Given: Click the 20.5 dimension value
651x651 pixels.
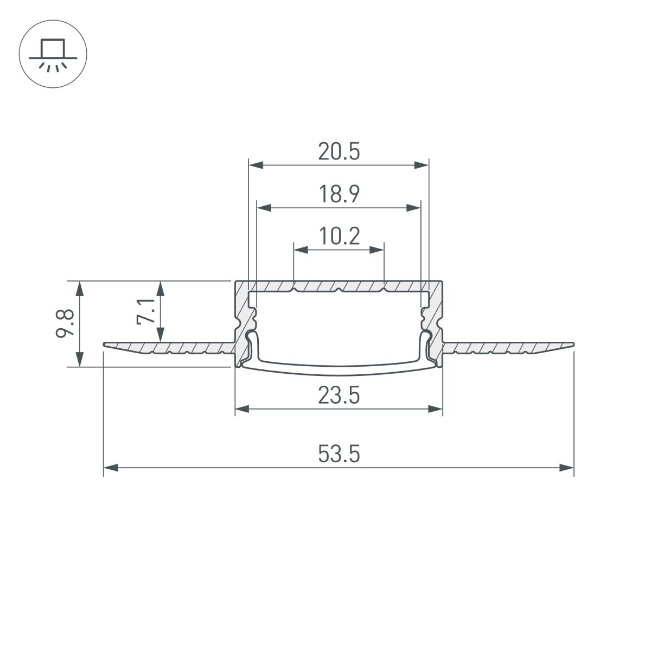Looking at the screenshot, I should pyautogui.click(x=339, y=152).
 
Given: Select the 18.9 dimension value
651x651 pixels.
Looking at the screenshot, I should pyautogui.click(x=339, y=194).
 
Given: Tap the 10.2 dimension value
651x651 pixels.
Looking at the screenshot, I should pyautogui.click(x=339, y=237).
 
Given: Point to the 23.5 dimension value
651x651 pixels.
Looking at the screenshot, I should pyautogui.click(x=339, y=397).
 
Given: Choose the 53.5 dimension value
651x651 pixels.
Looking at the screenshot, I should pyautogui.click(x=339, y=454).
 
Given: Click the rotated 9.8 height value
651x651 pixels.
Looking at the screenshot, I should pyautogui.click(x=64, y=324).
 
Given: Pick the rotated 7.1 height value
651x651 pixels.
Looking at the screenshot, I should pyautogui.click(x=145, y=311).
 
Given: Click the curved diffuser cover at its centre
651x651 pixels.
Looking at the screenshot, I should pyautogui.click(x=339, y=370).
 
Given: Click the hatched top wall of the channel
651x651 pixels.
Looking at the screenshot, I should pyautogui.click(x=339, y=285).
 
